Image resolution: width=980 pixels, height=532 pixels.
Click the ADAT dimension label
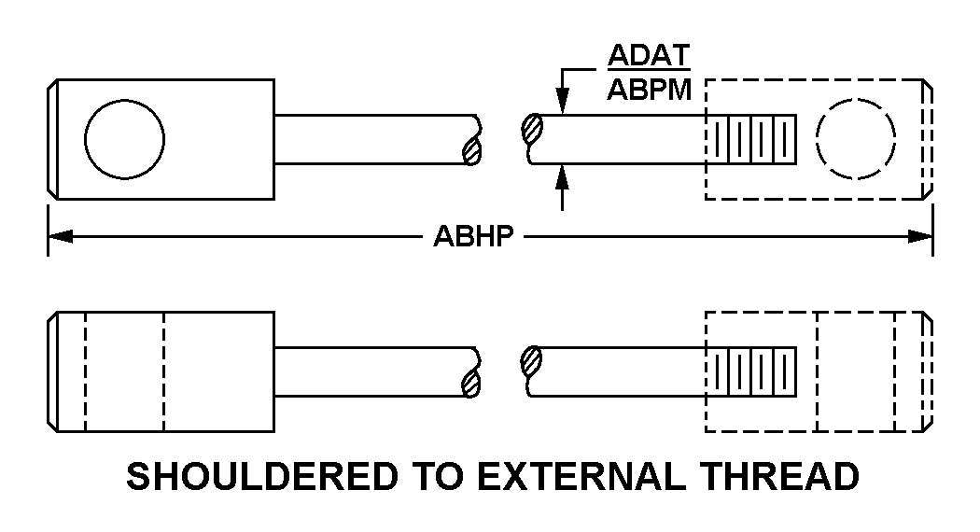point(649,55)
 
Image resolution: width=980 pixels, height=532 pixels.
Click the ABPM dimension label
point(650,90)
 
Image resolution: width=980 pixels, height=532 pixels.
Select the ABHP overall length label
point(474,236)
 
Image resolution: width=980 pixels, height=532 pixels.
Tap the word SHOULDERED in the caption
point(262,476)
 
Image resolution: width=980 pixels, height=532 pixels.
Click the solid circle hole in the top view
point(124,139)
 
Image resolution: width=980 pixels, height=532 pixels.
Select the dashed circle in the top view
point(856,139)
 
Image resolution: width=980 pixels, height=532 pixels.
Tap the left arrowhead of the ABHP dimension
point(61,236)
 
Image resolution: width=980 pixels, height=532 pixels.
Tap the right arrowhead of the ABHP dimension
point(920,236)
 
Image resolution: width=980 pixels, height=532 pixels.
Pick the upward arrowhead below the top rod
point(563,177)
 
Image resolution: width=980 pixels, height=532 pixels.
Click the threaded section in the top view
point(751,139)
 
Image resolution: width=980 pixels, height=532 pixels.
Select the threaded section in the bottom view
point(751,371)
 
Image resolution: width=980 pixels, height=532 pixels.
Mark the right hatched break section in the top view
point(532,129)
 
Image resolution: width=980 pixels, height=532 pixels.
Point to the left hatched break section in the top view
point(472,150)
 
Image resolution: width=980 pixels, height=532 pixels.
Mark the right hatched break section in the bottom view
point(531,361)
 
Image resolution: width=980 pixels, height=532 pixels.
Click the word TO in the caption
point(438,476)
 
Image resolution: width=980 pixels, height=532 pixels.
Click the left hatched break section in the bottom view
point(472,383)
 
